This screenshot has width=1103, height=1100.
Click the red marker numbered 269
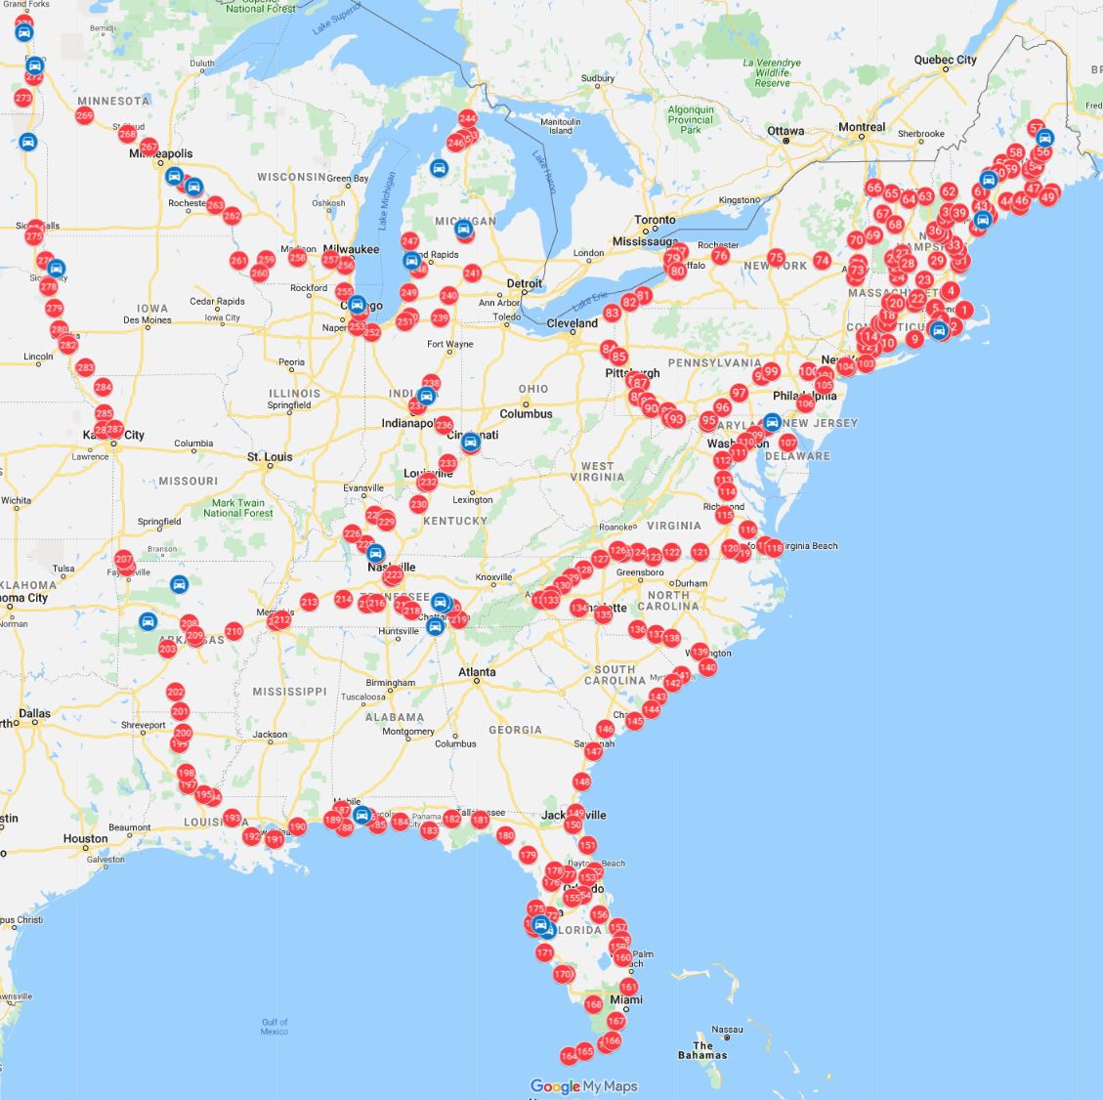tap(84, 116)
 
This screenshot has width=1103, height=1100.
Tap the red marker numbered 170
tap(563, 974)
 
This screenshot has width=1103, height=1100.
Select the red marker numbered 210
tap(233, 631)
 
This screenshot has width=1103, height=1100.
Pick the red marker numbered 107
tap(787, 443)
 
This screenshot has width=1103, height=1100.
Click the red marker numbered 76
tap(720, 256)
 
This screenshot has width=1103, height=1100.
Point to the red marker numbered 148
tap(582, 782)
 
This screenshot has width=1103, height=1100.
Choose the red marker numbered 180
tap(505, 835)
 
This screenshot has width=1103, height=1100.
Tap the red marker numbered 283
tap(85, 368)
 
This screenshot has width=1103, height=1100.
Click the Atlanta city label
tap(477, 672)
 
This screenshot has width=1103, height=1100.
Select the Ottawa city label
tap(785, 131)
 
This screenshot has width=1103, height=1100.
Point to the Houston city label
tap(85, 838)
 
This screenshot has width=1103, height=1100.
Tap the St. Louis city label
tap(270, 456)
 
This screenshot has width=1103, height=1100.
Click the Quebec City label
tap(945, 60)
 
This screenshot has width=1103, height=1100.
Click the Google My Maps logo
tap(583, 1085)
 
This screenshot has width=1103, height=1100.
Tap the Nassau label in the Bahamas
tap(727, 1029)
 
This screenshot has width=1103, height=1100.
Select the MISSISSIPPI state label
tap(289, 691)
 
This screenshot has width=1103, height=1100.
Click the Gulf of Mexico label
tap(275, 1026)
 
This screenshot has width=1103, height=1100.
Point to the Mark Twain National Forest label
tap(237, 508)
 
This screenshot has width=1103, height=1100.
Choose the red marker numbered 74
tap(822, 261)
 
